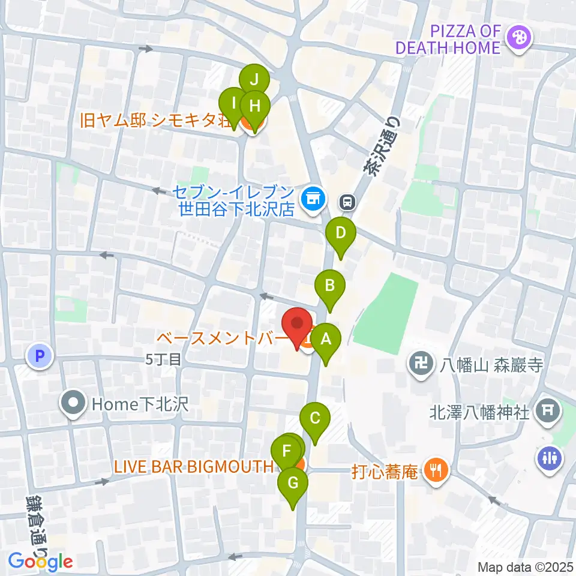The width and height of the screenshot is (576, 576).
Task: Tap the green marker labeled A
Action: pos(326,340)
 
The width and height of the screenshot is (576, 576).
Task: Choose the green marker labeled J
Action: pos(254,79)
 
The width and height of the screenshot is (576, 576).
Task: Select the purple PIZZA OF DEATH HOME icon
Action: pos(516,38)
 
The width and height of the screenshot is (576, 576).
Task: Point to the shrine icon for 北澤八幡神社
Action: pos(547,412)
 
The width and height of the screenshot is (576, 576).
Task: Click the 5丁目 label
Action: pos(163,359)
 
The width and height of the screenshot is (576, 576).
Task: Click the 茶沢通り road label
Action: pos(382,145)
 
